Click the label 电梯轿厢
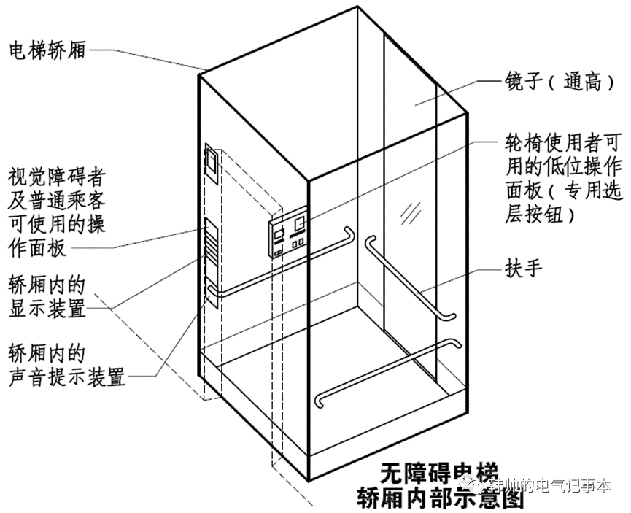(47, 50)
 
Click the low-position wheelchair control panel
(295, 236)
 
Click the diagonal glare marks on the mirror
(409, 212)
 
